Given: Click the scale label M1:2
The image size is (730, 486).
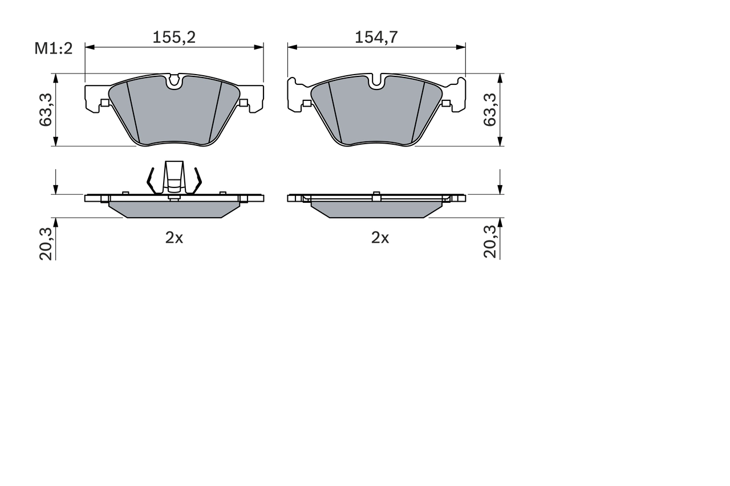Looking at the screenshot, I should (x=54, y=48).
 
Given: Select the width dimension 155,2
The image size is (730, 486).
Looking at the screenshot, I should (x=174, y=38).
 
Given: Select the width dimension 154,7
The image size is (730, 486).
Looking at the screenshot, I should (x=376, y=38).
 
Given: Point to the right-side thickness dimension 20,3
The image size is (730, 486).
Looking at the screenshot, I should (x=490, y=243).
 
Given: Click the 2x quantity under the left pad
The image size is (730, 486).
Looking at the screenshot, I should (x=174, y=238).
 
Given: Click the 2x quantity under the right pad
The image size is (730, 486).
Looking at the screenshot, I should (x=380, y=238).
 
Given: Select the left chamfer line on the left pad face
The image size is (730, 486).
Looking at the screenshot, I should (x=132, y=111).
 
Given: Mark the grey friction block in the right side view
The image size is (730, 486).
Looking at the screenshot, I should (x=376, y=209).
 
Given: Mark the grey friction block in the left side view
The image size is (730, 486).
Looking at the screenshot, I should (x=174, y=209).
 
